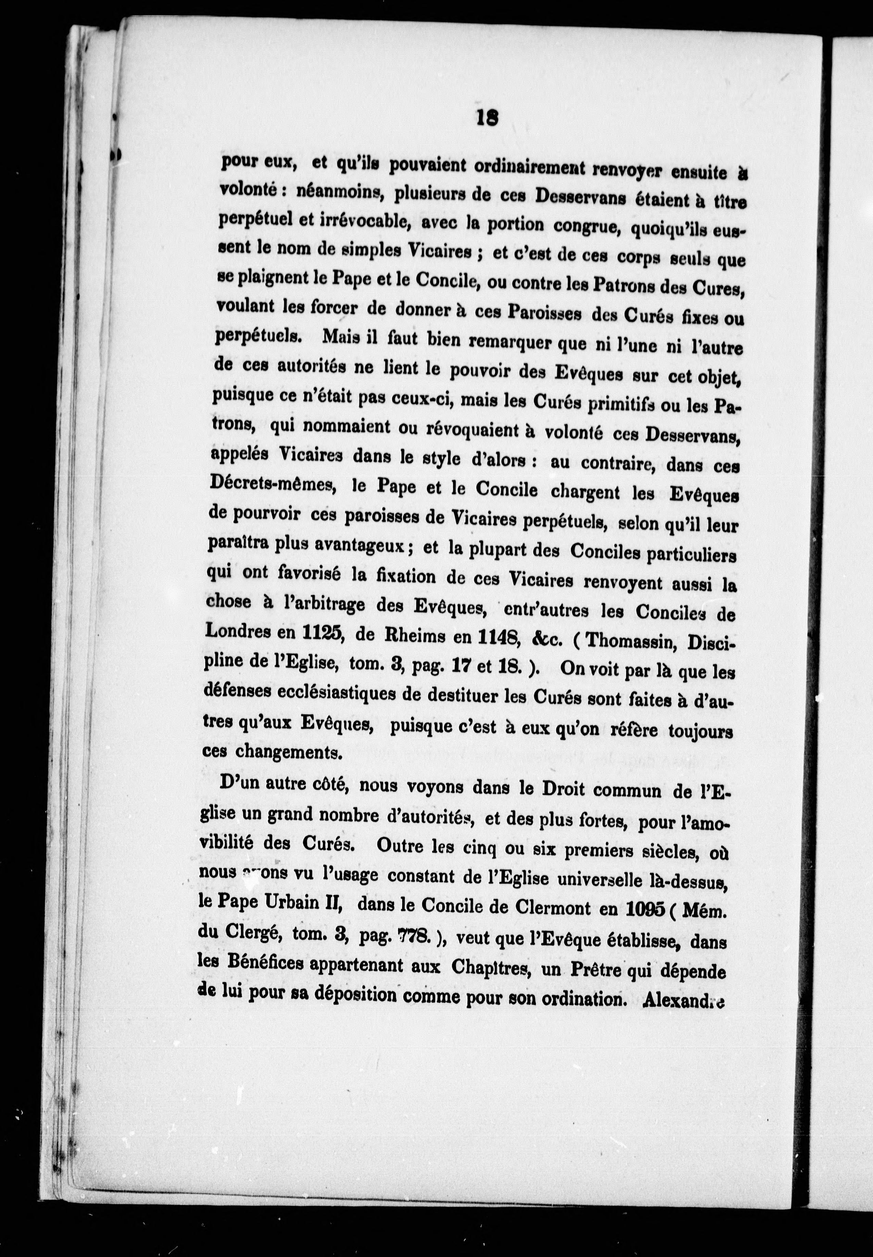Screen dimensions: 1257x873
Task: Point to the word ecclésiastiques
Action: click(x=331, y=693)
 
